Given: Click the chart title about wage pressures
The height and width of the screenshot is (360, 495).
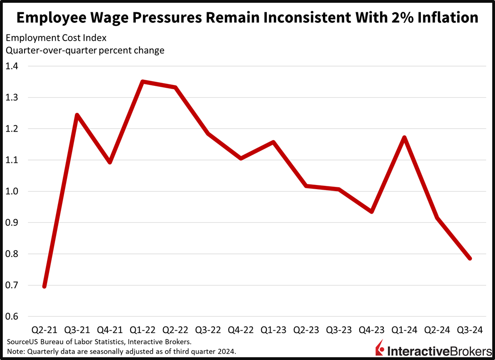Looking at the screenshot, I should pyautogui.click(x=247, y=17).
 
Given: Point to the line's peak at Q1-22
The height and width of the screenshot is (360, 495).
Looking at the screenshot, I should pyautogui.click(x=142, y=82).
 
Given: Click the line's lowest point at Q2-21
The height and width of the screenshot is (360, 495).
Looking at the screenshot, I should pyautogui.click(x=44, y=286).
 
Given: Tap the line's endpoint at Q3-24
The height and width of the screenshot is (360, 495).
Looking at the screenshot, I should pyautogui.click(x=470, y=258).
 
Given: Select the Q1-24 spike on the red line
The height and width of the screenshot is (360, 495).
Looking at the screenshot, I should pyautogui.click(x=404, y=137).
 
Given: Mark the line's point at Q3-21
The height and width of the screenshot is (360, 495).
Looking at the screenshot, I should pyautogui.click(x=77, y=115).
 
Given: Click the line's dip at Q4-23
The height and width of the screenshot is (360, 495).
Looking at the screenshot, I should pyautogui.click(x=371, y=211).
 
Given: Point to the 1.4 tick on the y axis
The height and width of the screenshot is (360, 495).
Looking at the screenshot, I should pyautogui.click(x=15, y=66).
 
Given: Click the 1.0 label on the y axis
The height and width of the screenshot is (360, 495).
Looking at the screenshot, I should pyautogui.click(x=15, y=191).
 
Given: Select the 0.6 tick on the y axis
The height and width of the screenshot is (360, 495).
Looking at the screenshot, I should pyautogui.click(x=15, y=317).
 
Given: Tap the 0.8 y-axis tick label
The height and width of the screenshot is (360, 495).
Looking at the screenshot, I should pyautogui.click(x=15, y=254).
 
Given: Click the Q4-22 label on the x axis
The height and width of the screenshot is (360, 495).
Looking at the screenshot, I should pyautogui.click(x=240, y=330).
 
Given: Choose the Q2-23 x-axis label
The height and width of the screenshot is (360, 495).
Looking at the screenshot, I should pyautogui.click(x=306, y=330).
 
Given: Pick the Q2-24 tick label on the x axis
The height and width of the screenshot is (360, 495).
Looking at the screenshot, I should pyautogui.click(x=437, y=330).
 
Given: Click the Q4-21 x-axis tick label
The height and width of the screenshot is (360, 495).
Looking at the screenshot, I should pyautogui.click(x=109, y=330).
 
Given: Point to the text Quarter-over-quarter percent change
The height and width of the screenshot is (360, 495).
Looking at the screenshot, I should pyautogui.click(x=85, y=50).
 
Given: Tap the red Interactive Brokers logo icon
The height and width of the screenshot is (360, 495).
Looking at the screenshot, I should pyautogui.click(x=379, y=349).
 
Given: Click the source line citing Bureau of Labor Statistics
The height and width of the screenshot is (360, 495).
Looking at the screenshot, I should pyautogui.click(x=99, y=341).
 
